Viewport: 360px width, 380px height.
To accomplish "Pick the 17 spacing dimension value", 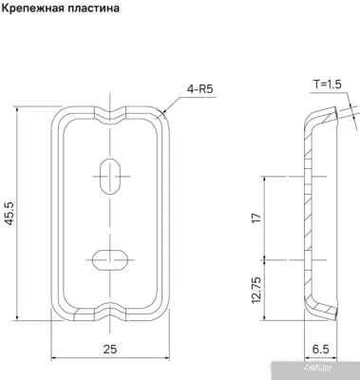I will coord(255,218).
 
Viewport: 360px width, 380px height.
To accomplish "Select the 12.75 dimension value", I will coord(255,288).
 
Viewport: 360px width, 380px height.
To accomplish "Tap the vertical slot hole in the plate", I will coord(111,175).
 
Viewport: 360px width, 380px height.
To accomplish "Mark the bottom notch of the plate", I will coord(111,311).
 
